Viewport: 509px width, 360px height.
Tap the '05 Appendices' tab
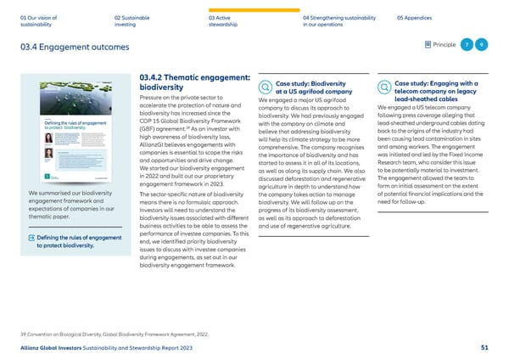417,16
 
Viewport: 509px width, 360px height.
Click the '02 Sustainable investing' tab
132,20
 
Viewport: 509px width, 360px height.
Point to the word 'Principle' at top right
444,45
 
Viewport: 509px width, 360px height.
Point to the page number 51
484,348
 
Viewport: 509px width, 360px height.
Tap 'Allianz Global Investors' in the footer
53,348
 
